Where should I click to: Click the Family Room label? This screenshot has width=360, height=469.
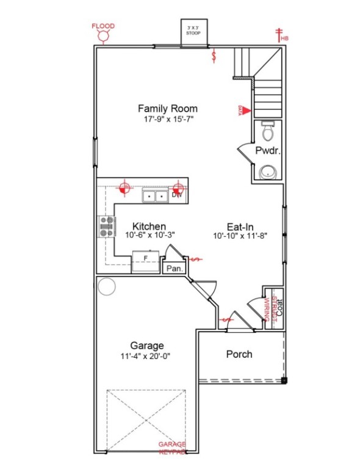click(x=167, y=109)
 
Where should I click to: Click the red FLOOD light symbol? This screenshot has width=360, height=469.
click(x=103, y=36)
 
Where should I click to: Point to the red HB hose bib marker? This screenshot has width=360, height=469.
click(x=281, y=34)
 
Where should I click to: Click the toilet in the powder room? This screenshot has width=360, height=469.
click(x=267, y=130)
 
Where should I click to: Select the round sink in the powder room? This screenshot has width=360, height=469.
click(x=267, y=173)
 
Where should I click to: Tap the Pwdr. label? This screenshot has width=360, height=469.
click(x=267, y=151)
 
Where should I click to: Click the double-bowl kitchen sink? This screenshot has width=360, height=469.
click(x=155, y=196)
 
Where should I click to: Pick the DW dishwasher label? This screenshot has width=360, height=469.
click(x=177, y=195)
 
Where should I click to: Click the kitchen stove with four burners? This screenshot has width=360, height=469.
click(x=107, y=227)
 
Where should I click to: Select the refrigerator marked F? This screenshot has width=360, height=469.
click(x=145, y=260)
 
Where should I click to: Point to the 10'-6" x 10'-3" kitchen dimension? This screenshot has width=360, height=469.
click(x=149, y=235)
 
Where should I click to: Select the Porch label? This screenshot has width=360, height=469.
click(x=239, y=354)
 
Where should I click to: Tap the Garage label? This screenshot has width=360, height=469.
click(x=146, y=345)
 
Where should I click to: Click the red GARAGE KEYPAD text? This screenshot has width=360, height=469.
click(x=172, y=448)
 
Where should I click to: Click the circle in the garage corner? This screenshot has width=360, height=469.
click(x=107, y=286)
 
